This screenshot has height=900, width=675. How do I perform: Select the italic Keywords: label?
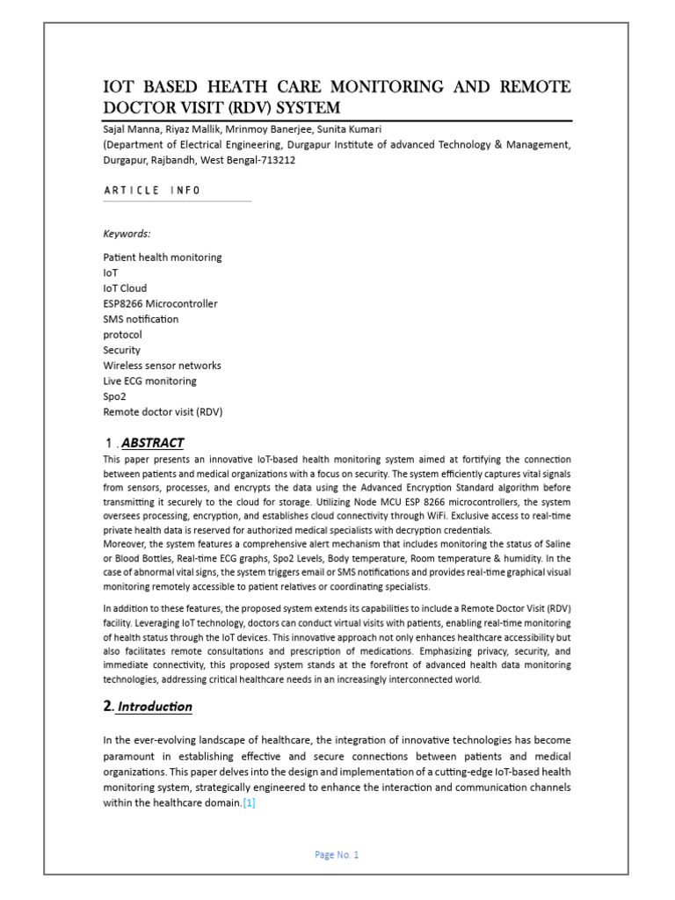127,234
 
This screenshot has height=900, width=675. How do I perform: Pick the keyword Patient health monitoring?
163,258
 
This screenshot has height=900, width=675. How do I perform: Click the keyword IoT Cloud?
125,288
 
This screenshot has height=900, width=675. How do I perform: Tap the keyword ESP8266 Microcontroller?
160,304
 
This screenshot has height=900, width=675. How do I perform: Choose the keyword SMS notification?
141,319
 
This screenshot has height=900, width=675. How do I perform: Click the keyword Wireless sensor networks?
162,366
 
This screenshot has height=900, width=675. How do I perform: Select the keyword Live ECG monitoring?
149,381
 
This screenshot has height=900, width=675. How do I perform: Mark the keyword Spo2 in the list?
116,396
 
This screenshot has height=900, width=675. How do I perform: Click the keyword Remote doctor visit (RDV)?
163,411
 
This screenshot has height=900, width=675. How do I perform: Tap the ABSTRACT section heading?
152,442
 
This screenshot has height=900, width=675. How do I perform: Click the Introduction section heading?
155,707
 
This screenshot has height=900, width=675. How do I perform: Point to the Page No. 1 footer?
337,855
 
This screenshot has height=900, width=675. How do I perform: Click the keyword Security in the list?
122,350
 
